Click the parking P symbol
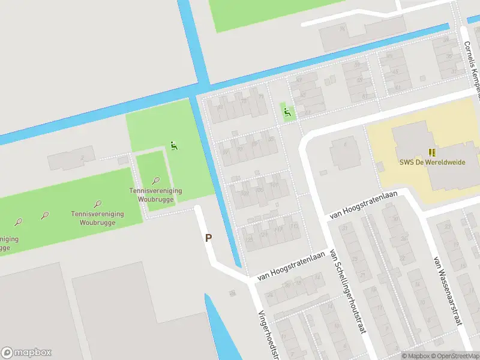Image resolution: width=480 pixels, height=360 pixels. (209, 238)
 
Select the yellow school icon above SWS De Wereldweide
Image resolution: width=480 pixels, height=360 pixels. (431, 153)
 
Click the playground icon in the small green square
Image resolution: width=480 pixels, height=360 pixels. (287, 110)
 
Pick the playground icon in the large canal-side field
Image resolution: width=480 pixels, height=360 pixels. (174, 145)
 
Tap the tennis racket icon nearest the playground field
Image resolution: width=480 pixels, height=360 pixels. (156, 180)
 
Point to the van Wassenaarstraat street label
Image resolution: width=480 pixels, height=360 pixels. (448, 290)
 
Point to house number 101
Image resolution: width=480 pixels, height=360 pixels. (275, 185)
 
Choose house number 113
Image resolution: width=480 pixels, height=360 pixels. (278, 230)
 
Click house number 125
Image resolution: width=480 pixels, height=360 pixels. (250, 239)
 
